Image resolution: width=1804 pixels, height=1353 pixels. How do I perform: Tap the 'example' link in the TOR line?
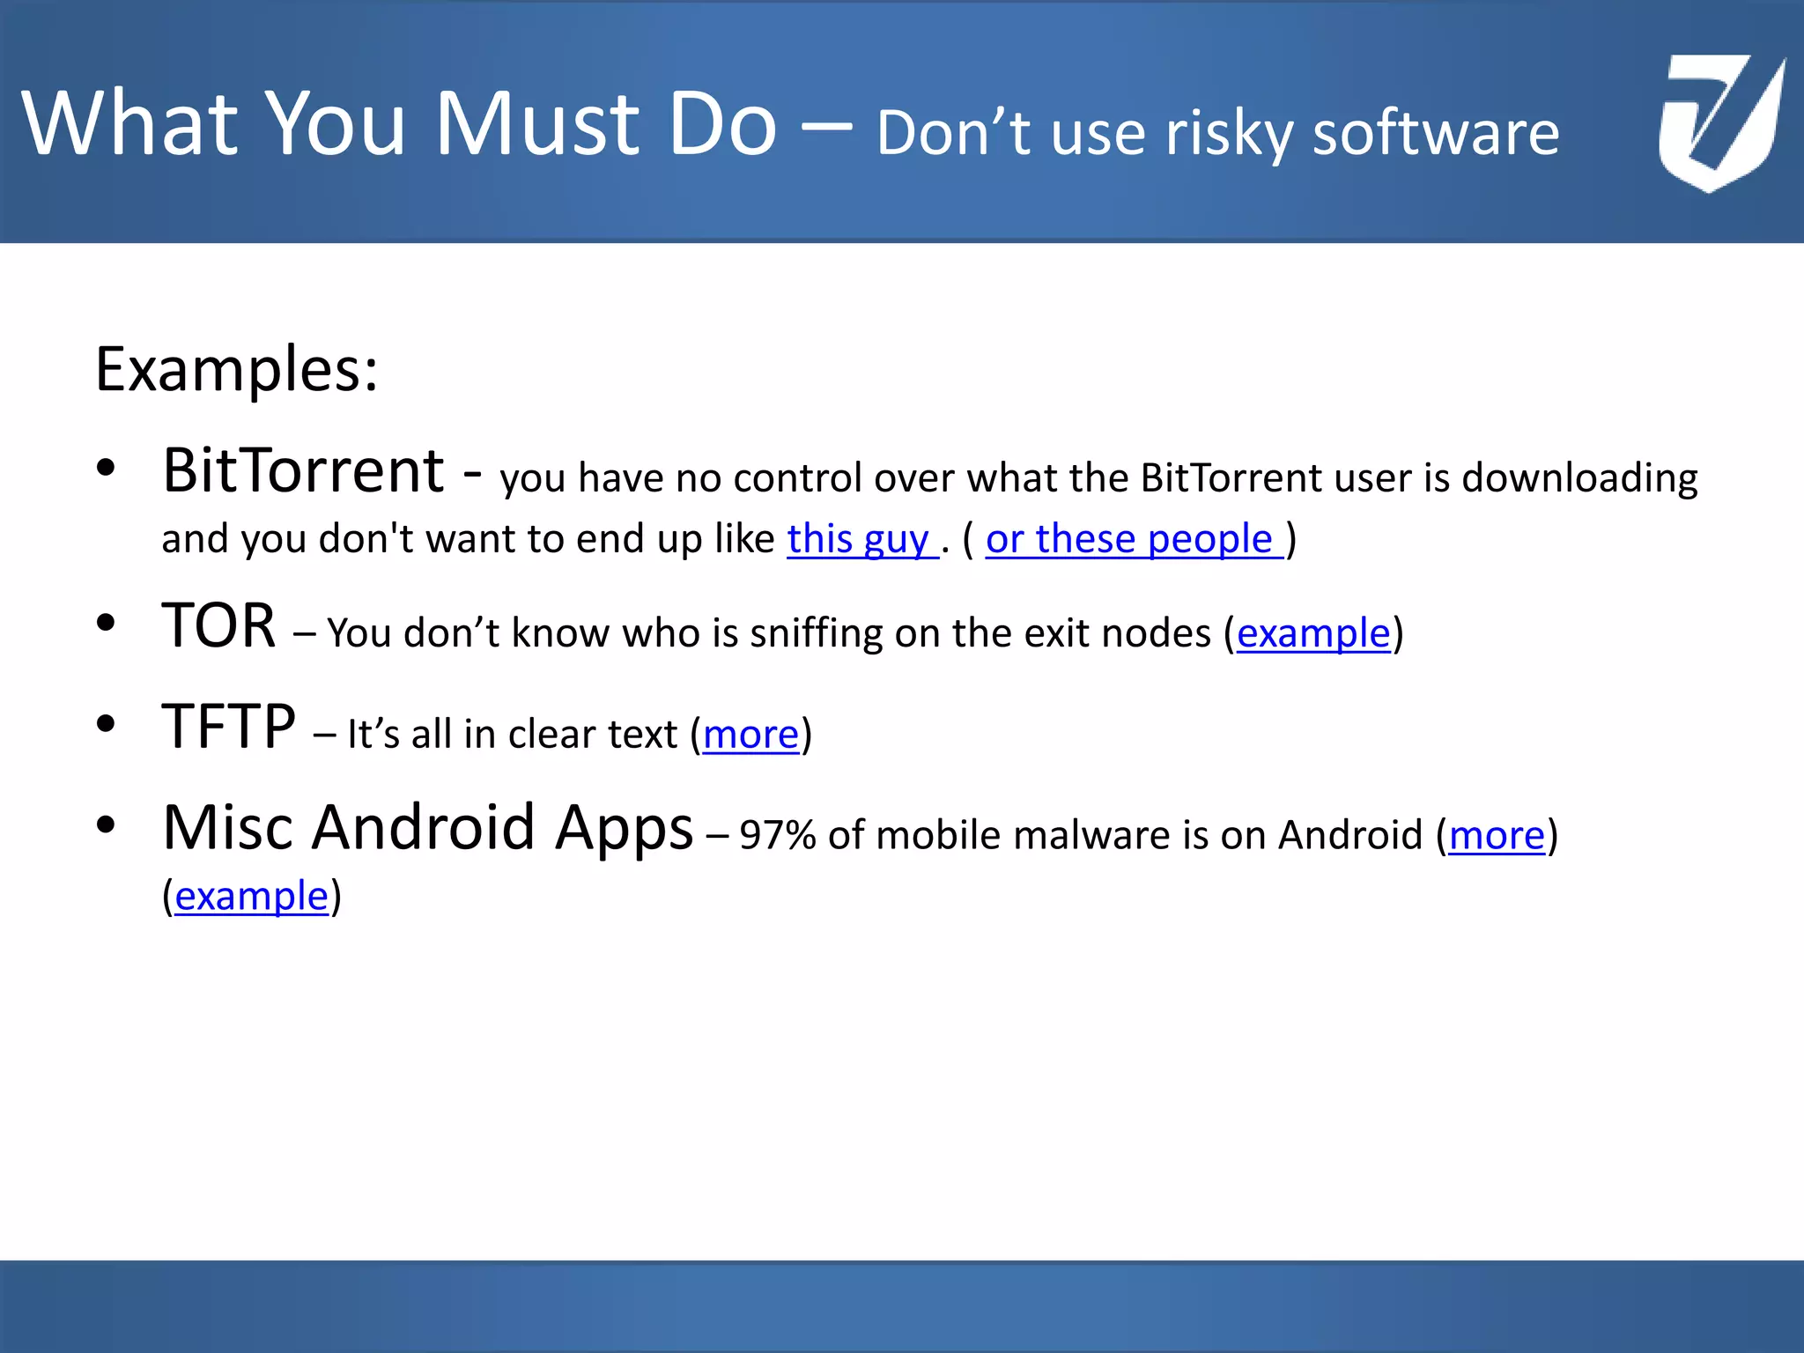(x=1313, y=633)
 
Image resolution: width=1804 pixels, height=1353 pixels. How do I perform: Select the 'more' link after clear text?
(x=750, y=735)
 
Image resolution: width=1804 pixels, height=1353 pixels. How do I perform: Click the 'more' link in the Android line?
(x=1497, y=835)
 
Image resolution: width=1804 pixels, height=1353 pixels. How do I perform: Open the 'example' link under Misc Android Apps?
(x=251, y=897)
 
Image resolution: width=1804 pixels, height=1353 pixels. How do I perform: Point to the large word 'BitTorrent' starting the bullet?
(x=304, y=470)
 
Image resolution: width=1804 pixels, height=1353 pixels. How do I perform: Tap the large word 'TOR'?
(x=219, y=626)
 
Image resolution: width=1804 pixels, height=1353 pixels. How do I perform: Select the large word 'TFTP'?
(x=229, y=728)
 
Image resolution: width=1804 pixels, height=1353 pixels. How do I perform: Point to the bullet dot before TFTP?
(x=107, y=725)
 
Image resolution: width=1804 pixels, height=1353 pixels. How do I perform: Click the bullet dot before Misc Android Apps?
(x=107, y=825)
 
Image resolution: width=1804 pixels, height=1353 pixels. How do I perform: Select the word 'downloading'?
(x=1579, y=478)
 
